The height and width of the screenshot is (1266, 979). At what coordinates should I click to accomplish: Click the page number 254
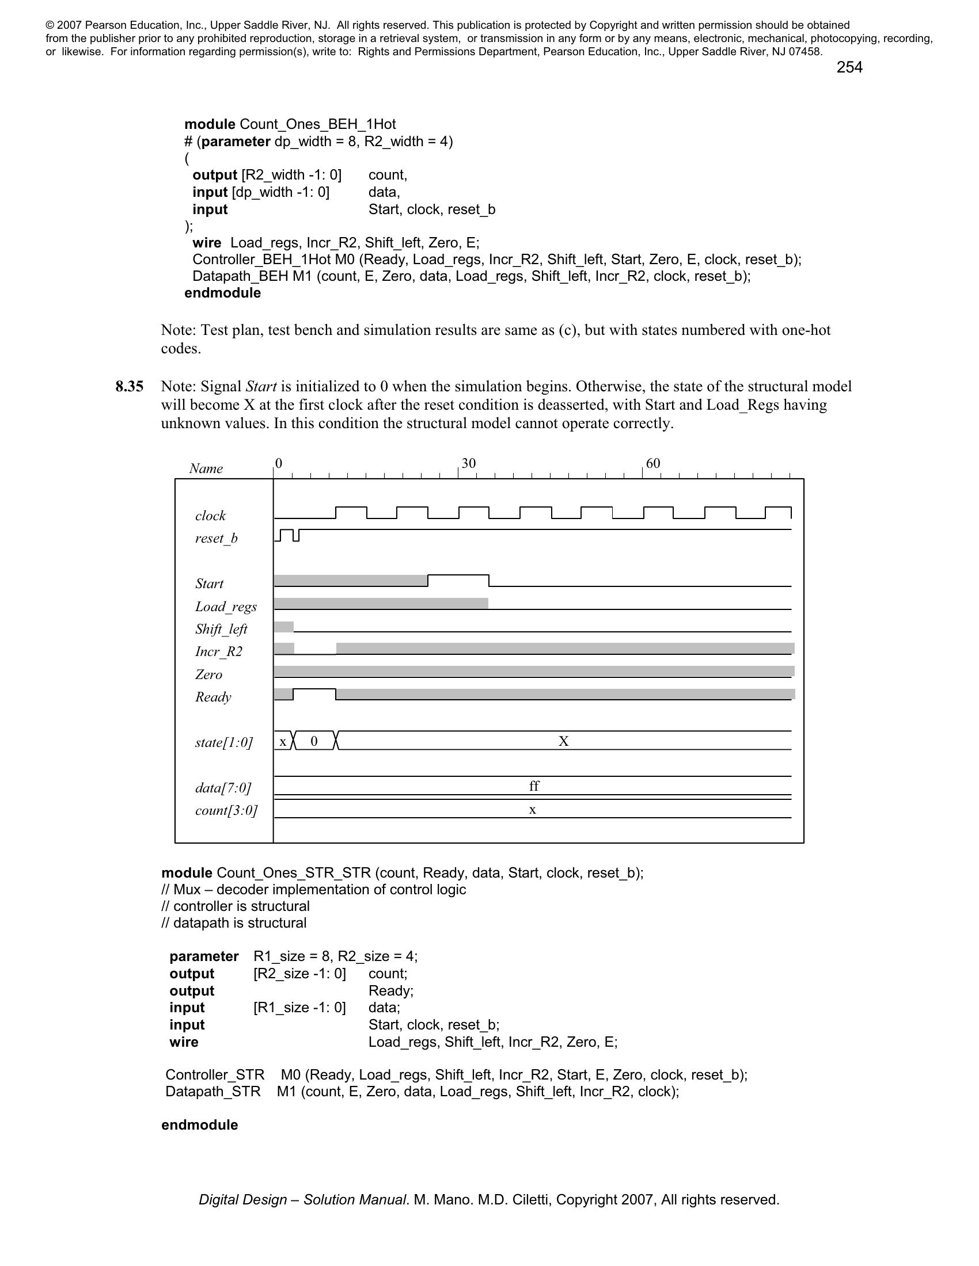[849, 68]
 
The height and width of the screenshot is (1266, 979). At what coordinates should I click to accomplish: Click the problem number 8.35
[130, 387]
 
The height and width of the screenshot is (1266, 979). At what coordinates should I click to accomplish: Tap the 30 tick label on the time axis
[469, 463]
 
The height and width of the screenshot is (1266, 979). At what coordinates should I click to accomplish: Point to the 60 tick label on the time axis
[653, 463]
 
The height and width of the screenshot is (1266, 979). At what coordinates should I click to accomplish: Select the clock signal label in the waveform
[210, 516]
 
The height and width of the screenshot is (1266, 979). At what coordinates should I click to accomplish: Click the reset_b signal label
[217, 539]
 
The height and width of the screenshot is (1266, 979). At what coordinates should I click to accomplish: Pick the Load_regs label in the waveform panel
[226, 607]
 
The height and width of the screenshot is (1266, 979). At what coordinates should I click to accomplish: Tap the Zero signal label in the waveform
[209, 675]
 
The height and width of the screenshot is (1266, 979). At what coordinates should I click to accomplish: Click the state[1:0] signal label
[224, 742]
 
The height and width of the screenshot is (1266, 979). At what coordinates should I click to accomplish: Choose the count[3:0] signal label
[226, 810]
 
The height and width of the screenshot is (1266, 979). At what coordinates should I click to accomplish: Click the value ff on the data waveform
[534, 786]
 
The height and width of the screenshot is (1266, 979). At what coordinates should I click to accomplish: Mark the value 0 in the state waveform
[314, 741]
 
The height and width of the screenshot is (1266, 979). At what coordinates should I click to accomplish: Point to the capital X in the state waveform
[563, 741]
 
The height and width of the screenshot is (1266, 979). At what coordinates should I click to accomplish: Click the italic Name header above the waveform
[206, 468]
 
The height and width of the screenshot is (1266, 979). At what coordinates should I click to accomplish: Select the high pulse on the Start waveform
[458, 579]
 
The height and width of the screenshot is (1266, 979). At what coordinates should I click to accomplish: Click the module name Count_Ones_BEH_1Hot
[317, 125]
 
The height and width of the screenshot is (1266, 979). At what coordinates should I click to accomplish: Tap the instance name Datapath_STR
[213, 1092]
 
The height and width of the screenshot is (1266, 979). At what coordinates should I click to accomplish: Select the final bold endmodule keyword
[199, 1124]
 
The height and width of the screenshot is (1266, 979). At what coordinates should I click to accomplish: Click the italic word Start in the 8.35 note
[261, 387]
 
